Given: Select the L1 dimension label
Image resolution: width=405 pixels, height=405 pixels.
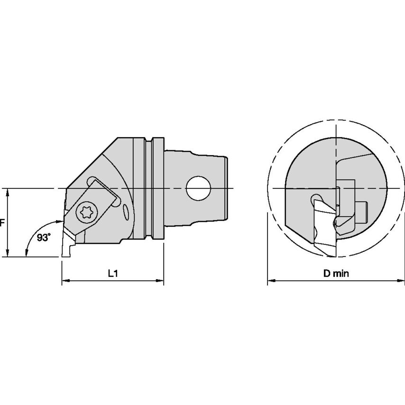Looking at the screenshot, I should coord(113,273).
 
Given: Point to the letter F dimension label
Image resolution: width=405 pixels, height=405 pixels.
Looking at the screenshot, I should coord(2,222).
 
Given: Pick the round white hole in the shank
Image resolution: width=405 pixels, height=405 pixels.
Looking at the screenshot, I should coord(197,188).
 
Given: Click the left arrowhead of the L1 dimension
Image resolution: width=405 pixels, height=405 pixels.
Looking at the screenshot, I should coord(64,281).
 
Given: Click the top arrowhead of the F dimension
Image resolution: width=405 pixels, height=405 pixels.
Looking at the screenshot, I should coord(8,191).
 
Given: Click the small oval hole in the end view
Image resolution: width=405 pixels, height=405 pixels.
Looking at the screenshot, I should coord(315,200).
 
